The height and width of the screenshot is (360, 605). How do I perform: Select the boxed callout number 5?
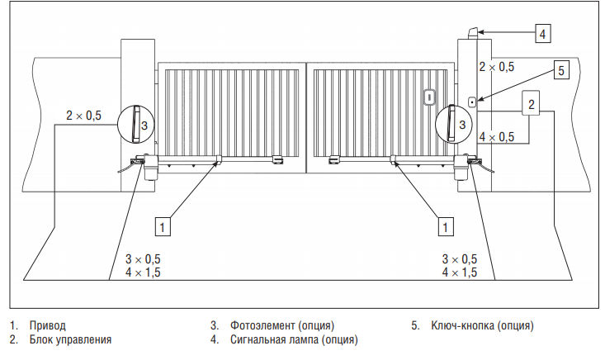[x=560, y=71]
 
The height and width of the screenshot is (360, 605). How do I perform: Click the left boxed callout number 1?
[x=163, y=225]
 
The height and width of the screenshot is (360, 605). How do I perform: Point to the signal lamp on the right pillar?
[x=471, y=33]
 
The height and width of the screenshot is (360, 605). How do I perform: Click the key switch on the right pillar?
[x=471, y=102]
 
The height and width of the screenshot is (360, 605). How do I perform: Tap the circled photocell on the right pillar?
[x=455, y=126]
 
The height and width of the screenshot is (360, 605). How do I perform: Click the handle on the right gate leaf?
[x=429, y=97]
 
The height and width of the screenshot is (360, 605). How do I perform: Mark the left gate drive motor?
[x=151, y=168]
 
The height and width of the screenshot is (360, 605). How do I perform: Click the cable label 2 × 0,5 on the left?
[x=83, y=116]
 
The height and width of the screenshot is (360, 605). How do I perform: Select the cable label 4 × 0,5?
[x=496, y=136]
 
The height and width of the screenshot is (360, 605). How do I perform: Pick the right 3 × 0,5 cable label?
[x=460, y=259]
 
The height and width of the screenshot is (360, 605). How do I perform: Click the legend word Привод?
[x=47, y=325]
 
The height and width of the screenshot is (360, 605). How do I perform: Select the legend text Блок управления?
[x=70, y=339]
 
